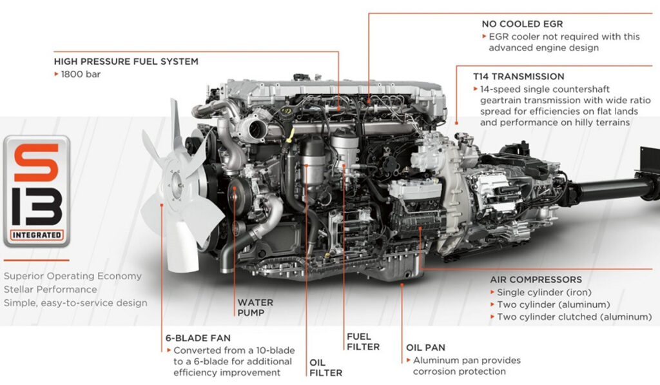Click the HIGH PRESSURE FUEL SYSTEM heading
click(x=126, y=61)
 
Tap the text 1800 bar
click(x=81, y=74)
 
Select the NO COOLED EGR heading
click(x=522, y=24)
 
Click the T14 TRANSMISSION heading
click(x=519, y=77)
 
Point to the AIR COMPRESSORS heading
click(x=536, y=280)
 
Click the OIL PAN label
click(x=425, y=348)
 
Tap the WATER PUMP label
click(x=255, y=308)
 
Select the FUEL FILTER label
click(x=364, y=342)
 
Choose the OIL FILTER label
click(x=325, y=368)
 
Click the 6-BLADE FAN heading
click(x=198, y=338)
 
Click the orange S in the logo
click(x=37, y=162)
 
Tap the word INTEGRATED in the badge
click(x=37, y=235)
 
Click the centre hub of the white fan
click(x=177, y=185)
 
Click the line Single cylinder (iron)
click(x=544, y=292)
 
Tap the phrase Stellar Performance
click(x=50, y=290)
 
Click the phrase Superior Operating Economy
click(x=73, y=276)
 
